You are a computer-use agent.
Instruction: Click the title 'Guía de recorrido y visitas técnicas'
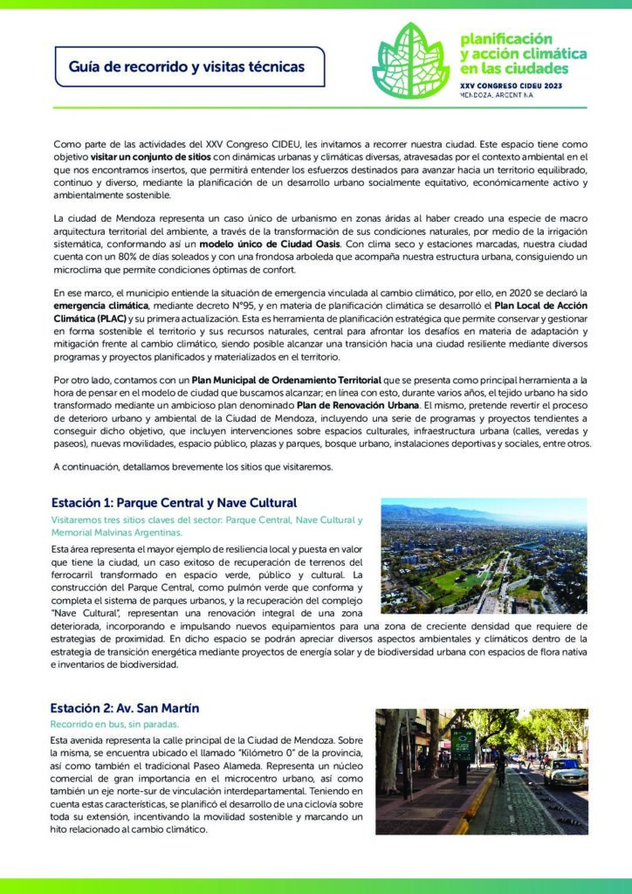187,66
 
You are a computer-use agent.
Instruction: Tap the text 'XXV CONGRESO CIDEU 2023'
512,86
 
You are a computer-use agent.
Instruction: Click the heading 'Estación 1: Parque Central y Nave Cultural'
174,503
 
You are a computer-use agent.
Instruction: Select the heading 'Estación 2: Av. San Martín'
125,707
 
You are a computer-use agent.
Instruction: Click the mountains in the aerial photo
454,512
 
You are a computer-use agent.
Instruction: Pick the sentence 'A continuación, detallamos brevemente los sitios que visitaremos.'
193,467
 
